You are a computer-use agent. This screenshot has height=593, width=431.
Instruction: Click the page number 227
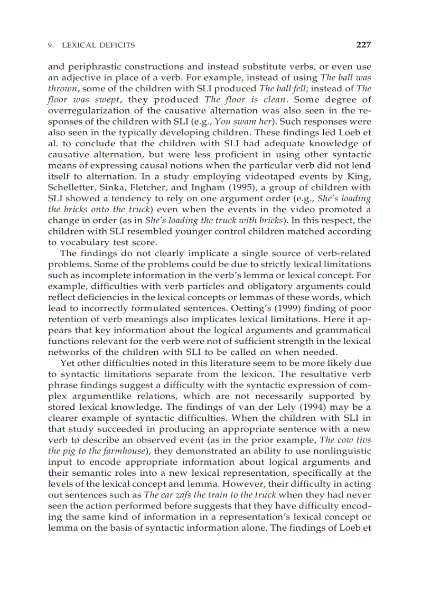click(x=363, y=45)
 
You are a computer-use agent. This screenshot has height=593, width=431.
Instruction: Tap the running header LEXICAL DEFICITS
click(x=98, y=45)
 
